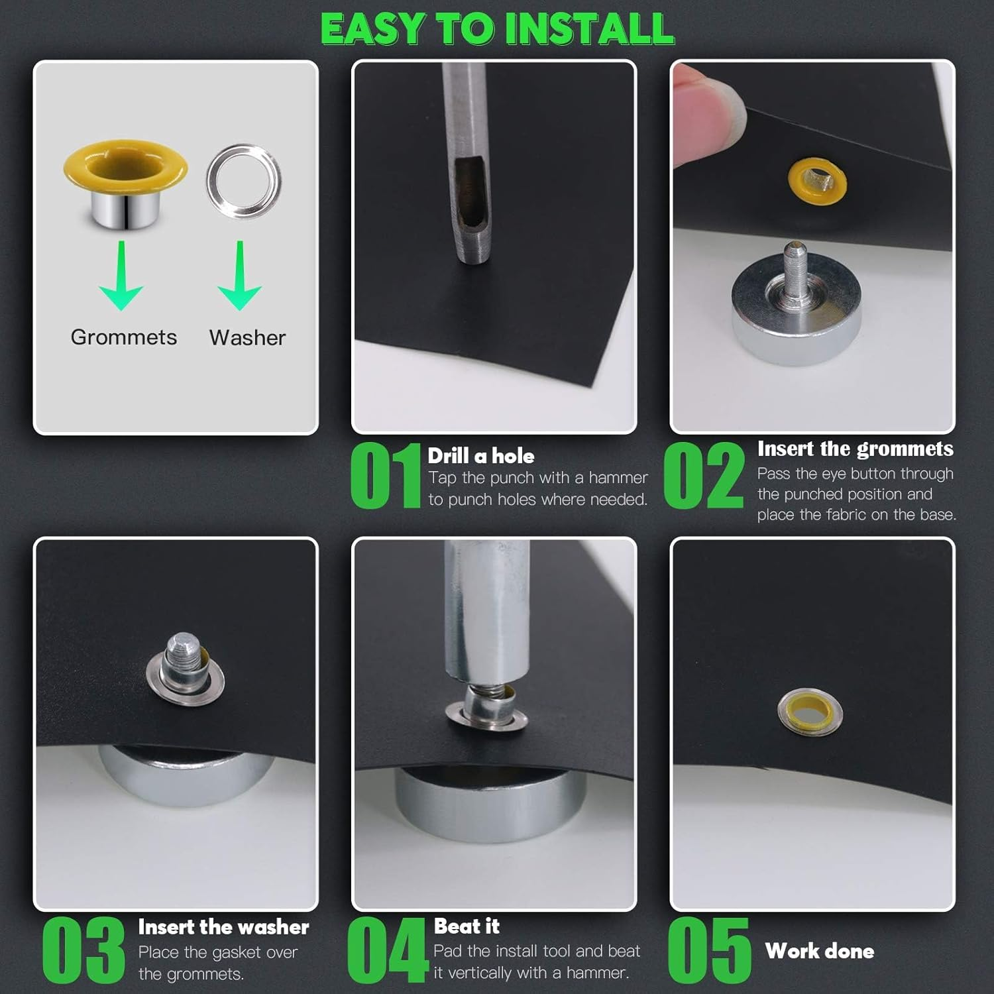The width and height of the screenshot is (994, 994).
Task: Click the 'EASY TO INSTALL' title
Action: coord(497,28)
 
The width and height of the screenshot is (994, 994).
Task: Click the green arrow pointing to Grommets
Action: coord(121,276)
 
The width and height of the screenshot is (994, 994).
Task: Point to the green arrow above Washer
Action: coord(239,276)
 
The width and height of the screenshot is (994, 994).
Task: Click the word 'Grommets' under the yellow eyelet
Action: coord(124,337)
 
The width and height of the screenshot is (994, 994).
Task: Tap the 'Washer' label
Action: coord(247,337)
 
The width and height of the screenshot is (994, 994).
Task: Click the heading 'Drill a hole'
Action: coord(480,456)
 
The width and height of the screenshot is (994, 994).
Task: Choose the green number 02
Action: coord(703,475)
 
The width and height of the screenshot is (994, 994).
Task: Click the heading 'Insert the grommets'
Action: coord(856,449)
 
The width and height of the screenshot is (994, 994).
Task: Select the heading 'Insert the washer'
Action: coord(223,927)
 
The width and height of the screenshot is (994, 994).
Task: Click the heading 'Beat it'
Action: coord(467,926)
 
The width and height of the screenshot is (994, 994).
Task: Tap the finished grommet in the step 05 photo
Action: coord(810,712)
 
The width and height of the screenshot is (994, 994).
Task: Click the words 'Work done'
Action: coord(820,951)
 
